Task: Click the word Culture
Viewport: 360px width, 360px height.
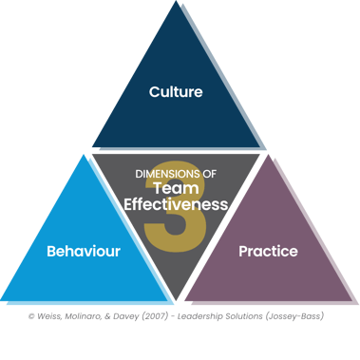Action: point(176,92)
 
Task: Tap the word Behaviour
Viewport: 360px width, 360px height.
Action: point(84,252)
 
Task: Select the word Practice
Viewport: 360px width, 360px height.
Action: point(268,252)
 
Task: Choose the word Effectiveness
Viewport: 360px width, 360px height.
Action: point(176,203)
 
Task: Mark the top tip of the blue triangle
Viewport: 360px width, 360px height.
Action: point(88,152)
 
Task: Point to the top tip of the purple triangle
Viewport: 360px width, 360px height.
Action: point(270,152)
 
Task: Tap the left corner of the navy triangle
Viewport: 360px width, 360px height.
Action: point(92,147)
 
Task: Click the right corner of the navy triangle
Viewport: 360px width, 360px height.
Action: point(267,147)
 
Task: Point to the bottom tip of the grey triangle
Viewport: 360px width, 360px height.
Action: point(178,295)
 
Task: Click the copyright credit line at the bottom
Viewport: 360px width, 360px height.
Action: point(175,315)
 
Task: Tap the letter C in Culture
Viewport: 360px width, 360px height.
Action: point(154,92)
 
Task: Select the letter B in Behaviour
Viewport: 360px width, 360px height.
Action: point(51,252)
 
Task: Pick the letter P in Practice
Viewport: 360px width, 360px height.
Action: point(243,252)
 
